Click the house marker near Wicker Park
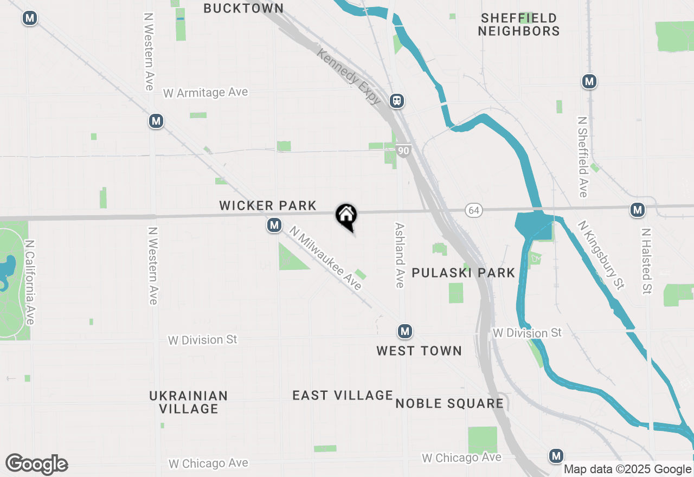coord(346,216)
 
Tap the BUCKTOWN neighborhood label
coord(243,8)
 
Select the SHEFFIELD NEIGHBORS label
coord(519,25)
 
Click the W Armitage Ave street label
coord(205,93)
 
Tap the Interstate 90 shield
coord(402,151)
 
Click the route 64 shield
coord(474,210)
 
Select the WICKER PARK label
coord(268,205)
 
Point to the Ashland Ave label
coord(400,255)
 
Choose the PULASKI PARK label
coord(463,273)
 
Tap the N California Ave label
coord(29,282)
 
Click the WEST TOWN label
coord(419,351)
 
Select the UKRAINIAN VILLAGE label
coord(189,402)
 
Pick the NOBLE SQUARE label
coord(449,403)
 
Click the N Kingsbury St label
coord(601,254)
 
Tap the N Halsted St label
coord(646,261)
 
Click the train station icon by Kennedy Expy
coord(397,100)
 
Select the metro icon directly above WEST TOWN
coord(404,331)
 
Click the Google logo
coord(37,465)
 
